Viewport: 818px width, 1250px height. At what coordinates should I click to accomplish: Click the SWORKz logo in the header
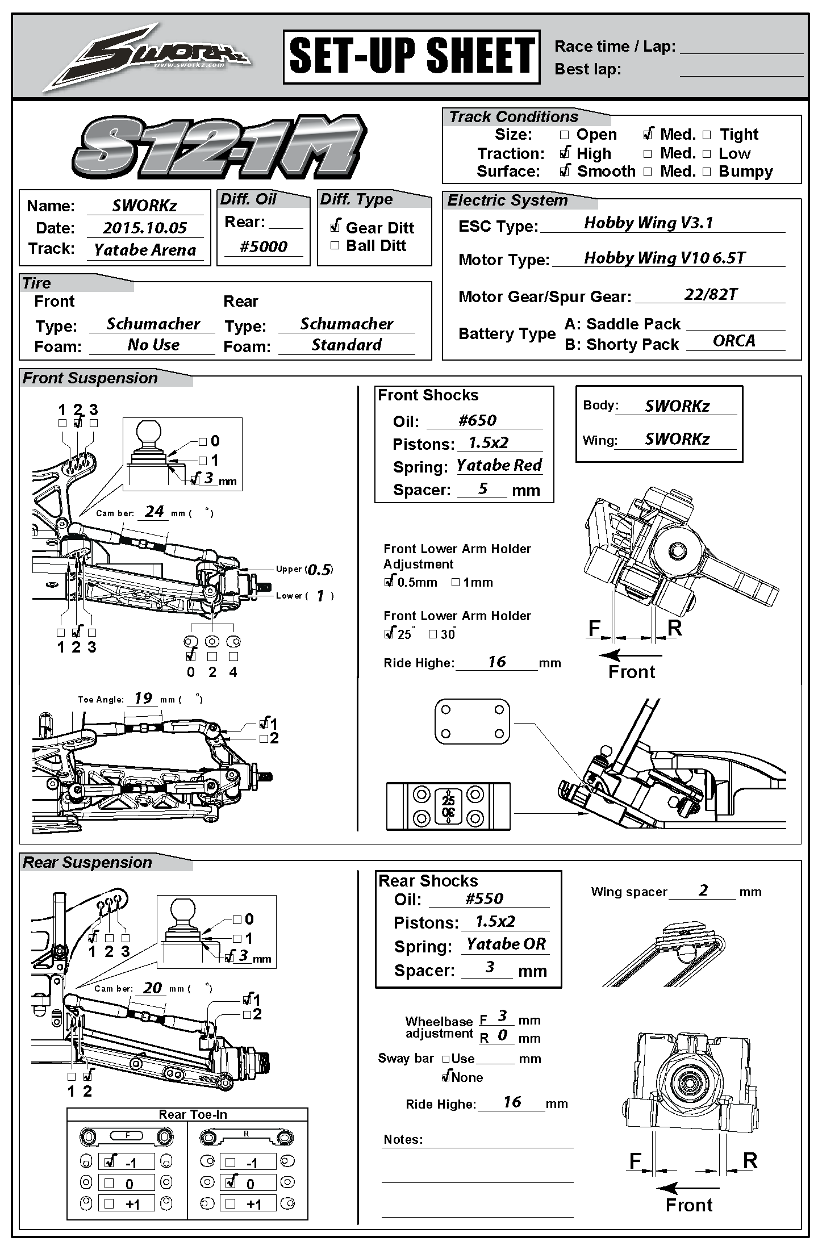(x=148, y=57)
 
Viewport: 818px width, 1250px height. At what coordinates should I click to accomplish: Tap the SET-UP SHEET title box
(x=411, y=57)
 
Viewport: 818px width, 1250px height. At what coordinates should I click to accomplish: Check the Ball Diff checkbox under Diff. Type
(x=335, y=245)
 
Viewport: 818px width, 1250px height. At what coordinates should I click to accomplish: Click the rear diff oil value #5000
(x=264, y=246)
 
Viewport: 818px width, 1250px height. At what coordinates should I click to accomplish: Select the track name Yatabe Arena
(x=145, y=250)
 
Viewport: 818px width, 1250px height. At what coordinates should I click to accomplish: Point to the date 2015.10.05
(x=145, y=228)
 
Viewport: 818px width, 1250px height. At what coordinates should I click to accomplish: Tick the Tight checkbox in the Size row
(x=707, y=135)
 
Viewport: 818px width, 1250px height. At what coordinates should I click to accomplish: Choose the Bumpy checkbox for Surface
(x=707, y=172)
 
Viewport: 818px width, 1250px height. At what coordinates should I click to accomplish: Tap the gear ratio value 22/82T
(x=711, y=294)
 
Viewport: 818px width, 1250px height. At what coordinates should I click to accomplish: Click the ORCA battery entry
(x=734, y=341)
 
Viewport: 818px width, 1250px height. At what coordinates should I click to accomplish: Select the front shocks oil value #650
(x=477, y=420)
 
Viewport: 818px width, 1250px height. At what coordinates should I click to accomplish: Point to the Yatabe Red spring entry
(x=499, y=465)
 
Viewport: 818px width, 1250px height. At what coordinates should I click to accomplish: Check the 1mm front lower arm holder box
(x=455, y=582)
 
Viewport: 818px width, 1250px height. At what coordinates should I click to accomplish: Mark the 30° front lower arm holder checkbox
(x=433, y=634)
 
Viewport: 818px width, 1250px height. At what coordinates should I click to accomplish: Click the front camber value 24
(x=154, y=511)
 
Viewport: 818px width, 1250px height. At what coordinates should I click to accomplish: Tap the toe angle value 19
(x=143, y=698)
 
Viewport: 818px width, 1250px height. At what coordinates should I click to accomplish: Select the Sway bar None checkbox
(x=446, y=1077)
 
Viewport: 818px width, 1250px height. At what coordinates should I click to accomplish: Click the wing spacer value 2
(x=703, y=890)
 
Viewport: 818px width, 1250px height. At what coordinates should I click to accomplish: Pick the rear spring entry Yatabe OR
(x=506, y=944)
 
